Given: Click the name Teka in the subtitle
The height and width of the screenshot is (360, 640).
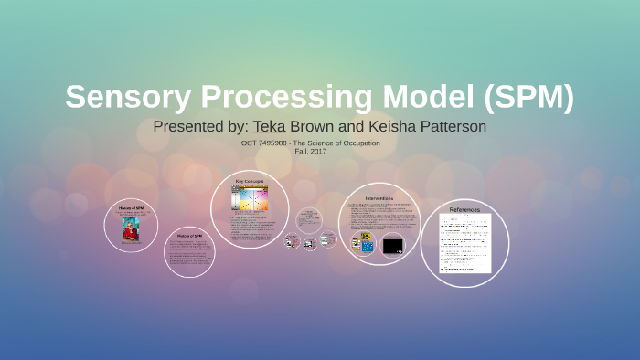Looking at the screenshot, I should coord(269,126).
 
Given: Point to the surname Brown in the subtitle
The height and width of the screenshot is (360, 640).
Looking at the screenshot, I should coord(312,126).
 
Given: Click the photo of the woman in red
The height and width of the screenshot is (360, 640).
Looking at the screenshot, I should coord(131,229).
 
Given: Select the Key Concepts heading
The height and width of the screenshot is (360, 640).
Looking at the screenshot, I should coord(249,182).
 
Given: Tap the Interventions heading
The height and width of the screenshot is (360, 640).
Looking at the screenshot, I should coord(379,197).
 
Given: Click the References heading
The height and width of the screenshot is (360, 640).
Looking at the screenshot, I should coord(464,209).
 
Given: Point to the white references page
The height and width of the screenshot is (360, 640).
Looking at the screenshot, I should coord(464,243).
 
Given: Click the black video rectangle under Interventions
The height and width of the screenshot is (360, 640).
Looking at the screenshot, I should coord(392,245).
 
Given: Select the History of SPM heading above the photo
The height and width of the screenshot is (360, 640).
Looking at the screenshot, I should coord(131,208).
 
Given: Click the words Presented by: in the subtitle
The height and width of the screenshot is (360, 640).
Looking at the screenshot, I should coord(197,126).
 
